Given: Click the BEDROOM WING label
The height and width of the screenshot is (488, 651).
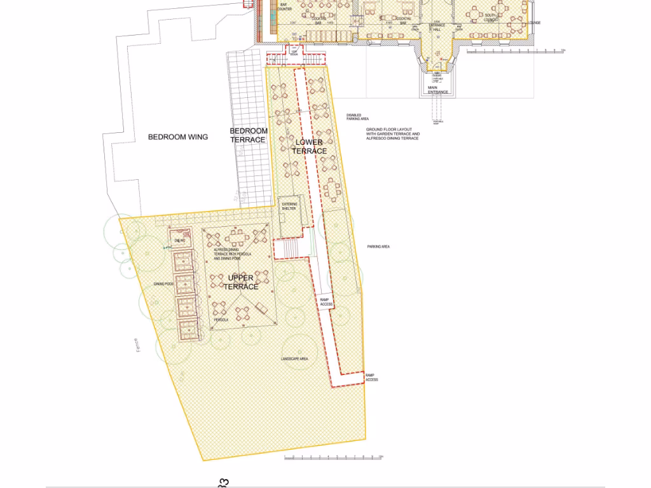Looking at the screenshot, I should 178,137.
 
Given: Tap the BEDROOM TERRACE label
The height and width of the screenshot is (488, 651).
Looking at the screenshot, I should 249,135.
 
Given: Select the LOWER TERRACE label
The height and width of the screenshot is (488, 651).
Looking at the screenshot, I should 310,147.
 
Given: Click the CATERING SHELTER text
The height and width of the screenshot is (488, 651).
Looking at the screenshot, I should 289,206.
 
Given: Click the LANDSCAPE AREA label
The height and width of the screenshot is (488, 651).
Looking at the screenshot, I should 294,360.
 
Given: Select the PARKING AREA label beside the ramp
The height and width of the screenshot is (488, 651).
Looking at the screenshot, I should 378,247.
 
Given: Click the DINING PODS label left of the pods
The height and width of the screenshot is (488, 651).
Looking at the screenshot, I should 163,284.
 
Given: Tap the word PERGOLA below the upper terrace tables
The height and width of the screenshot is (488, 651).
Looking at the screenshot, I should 221,320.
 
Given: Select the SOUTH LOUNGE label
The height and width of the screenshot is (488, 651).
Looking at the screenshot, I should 490,17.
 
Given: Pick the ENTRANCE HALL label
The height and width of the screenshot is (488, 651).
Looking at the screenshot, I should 436,27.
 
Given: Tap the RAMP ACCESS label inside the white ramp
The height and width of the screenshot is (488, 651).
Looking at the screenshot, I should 326,302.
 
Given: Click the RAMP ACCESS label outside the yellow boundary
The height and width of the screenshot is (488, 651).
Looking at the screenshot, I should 371,377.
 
